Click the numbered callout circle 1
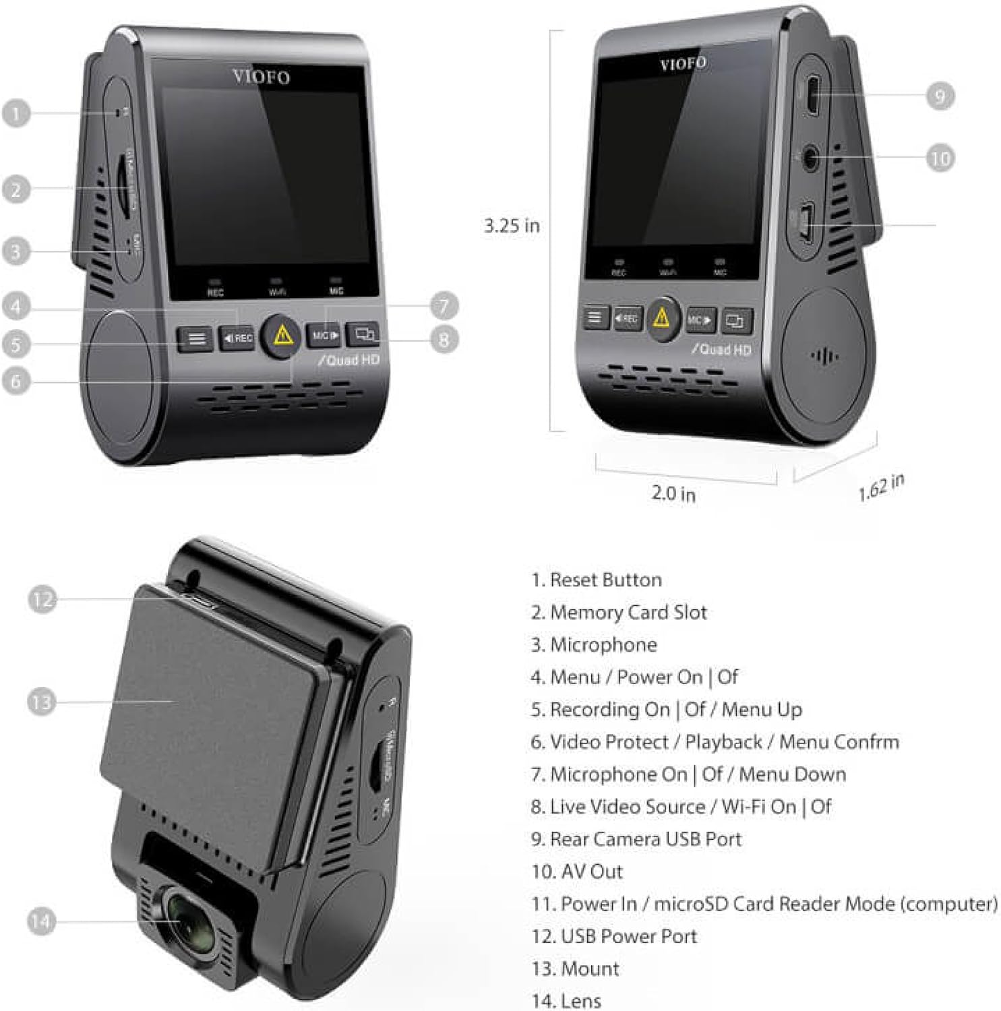tap(16, 113)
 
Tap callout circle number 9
tap(940, 96)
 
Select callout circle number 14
tap(41, 921)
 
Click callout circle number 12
tap(42, 599)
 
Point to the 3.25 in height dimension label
tap(512, 226)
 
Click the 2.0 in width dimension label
tap(673, 493)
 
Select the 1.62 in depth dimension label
tap(881, 487)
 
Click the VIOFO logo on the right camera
tap(683, 64)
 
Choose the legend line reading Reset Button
tap(597, 580)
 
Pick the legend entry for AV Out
tap(577, 871)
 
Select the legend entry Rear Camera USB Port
tap(636, 839)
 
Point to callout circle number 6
tap(16, 381)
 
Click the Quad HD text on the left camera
tap(348, 361)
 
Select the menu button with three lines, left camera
tap(196, 338)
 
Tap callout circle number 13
tap(41, 702)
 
